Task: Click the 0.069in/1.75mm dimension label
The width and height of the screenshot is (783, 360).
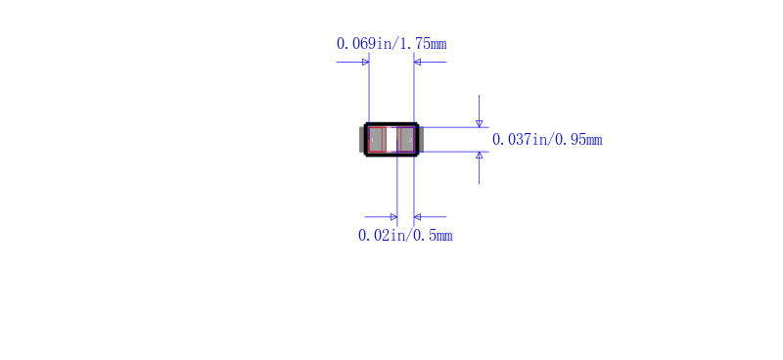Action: click(x=391, y=44)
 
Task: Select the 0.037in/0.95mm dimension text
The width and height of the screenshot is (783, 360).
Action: click(x=547, y=140)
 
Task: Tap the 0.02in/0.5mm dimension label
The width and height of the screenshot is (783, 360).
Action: click(x=405, y=235)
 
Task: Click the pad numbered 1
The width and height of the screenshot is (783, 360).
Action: click(x=377, y=139)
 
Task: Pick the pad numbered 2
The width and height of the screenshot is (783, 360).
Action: click(x=406, y=139)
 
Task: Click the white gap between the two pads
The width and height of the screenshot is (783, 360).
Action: click(x=391, y=139)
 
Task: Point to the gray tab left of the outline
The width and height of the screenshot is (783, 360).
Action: click(x=362, y=139)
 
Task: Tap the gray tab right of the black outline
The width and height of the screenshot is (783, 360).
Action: click(x=421, y=139)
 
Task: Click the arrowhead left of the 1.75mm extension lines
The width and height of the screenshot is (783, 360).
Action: click(x=365, y=63)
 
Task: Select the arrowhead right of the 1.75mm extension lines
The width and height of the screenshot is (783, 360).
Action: click(x=418, y=63)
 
